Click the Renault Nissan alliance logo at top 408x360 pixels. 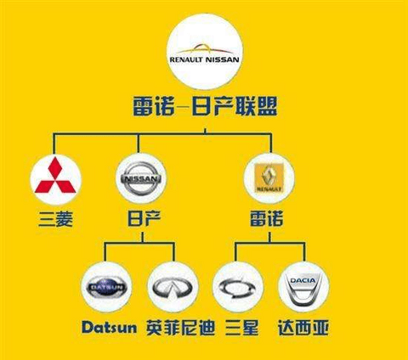205,52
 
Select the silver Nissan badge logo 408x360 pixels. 141,178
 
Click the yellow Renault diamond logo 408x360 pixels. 269,178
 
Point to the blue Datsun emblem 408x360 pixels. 106,287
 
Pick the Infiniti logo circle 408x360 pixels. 173,287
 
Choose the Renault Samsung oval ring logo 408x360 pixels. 238,287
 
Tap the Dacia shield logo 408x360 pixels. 303,288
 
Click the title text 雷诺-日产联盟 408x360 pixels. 205,106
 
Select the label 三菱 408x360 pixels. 56,219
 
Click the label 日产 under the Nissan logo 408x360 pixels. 144,218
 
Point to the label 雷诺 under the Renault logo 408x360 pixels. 267,219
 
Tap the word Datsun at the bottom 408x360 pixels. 109,328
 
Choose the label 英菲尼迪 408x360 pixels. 180,328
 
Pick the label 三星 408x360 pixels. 241,328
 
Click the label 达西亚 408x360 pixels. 303,328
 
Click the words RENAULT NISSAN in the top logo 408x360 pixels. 204,59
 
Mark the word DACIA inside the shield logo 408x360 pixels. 303,281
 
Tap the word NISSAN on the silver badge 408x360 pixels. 141,179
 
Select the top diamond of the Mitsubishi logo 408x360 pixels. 55,166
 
